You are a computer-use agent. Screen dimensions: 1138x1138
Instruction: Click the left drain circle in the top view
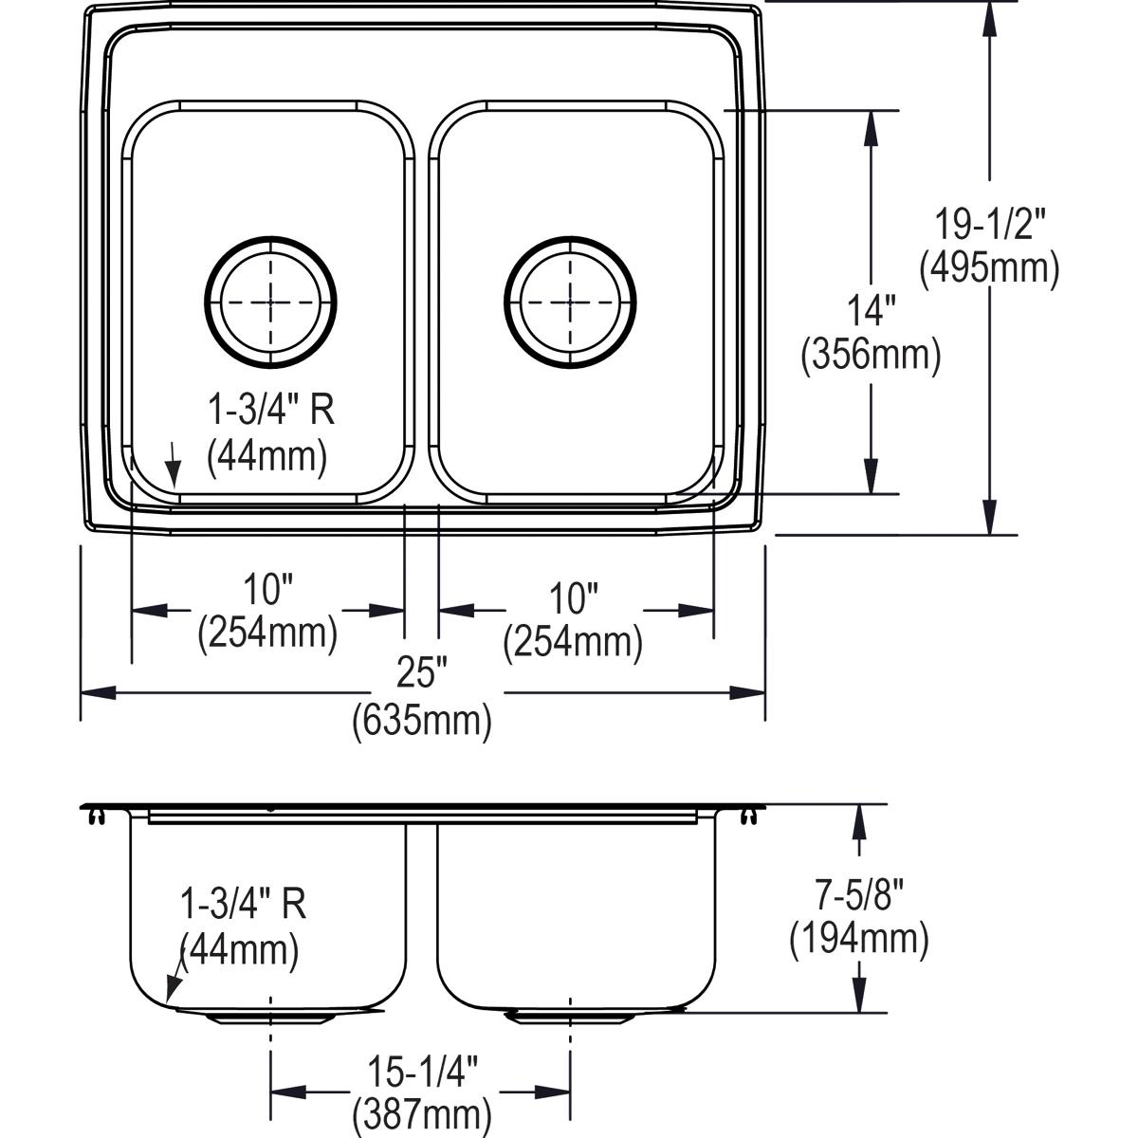coord(271,301)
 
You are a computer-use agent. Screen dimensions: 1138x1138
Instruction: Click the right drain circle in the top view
coord(570,301)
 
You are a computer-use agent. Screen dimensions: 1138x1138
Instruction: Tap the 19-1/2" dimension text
coord(988,226)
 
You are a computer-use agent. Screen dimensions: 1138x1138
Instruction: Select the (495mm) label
coord(988,269)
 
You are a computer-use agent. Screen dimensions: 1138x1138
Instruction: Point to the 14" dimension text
coord(871,312)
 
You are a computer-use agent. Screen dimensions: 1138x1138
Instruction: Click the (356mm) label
coord(871,356)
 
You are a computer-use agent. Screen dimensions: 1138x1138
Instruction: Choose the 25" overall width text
coord(421,674)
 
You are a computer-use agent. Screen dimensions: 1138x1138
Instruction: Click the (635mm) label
coord(421,722)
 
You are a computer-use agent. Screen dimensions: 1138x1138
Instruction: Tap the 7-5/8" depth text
coord(859,895)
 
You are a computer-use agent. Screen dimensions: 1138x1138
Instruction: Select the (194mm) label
coord(859,939)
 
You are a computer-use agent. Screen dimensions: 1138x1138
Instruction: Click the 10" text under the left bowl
coord(267,591)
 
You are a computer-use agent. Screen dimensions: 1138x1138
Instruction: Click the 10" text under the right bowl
coord(573,597)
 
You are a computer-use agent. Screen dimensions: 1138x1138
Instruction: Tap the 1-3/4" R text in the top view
coord(271,412)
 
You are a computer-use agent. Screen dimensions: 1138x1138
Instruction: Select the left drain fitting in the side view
coord(271,1018)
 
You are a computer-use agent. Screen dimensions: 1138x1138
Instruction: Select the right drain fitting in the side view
coord(570,1018)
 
